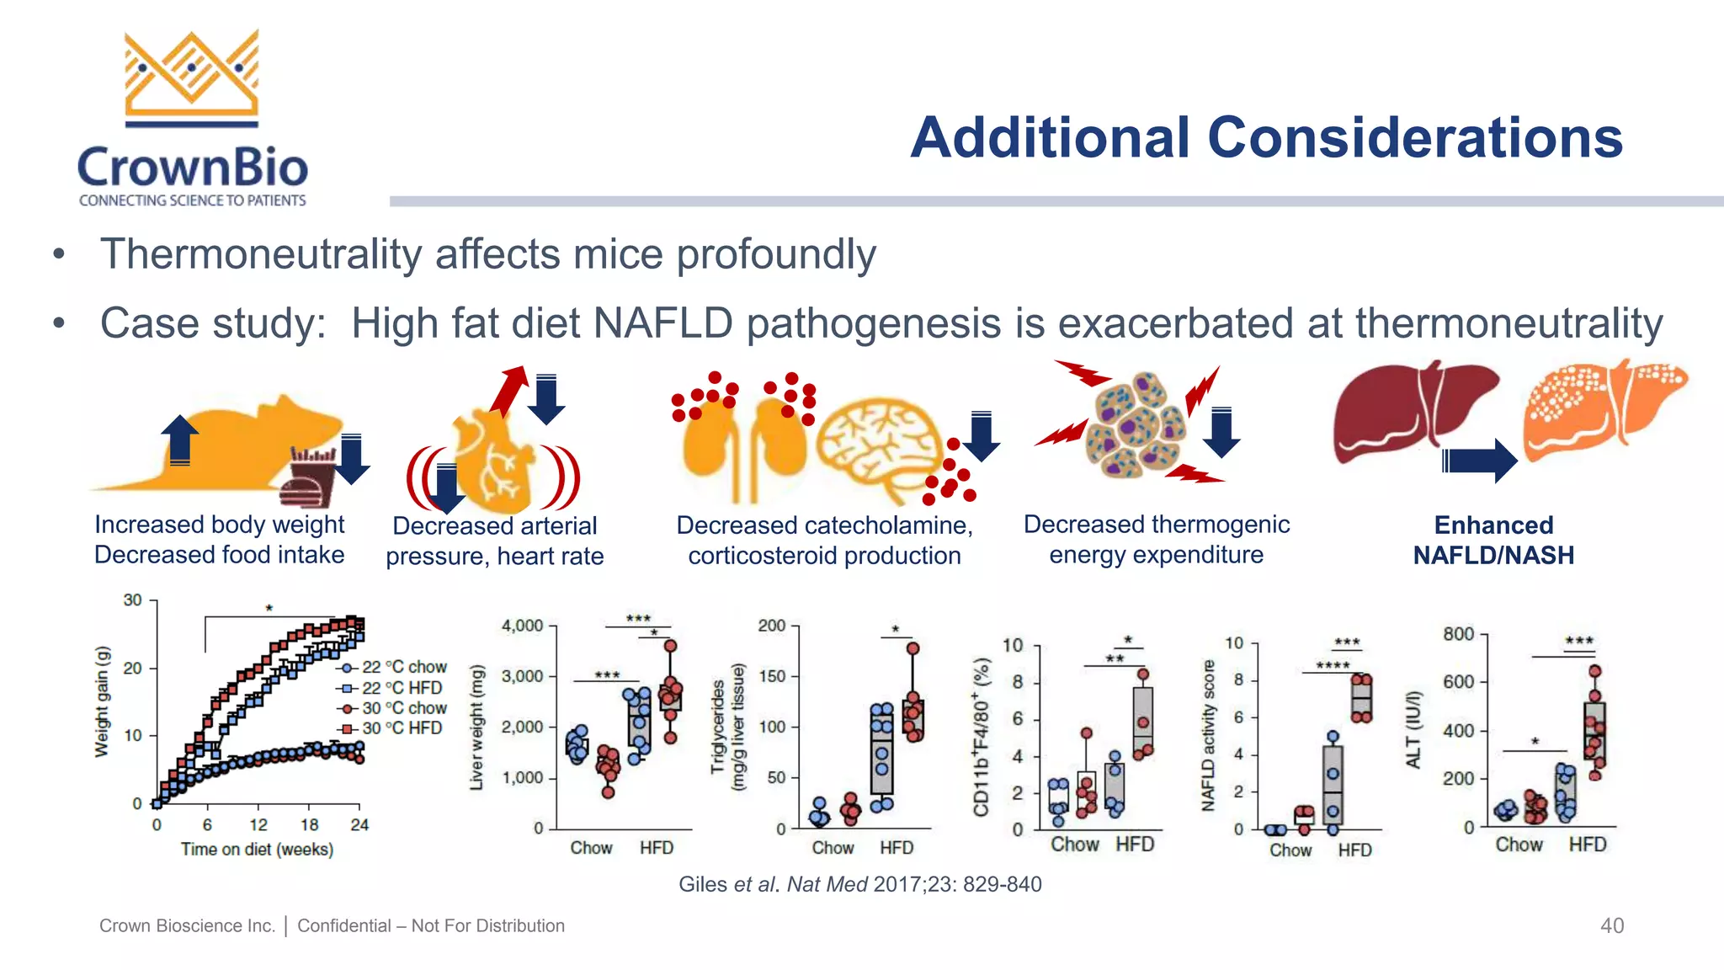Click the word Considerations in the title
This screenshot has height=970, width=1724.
click(1415, 138)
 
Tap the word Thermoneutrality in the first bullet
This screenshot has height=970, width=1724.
click(260, 254)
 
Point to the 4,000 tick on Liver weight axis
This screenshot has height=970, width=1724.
click(522, 626)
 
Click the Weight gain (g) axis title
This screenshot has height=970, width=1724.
click(102, 701)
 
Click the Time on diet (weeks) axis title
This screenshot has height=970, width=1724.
click(257, 850)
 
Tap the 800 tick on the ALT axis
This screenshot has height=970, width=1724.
click(1458, 634)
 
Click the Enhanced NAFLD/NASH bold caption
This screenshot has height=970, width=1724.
click(1493, 540)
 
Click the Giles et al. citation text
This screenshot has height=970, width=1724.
click(859, 884)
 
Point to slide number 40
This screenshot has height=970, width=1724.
click(1611, 925)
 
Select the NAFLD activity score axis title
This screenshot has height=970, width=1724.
click(1208, 735)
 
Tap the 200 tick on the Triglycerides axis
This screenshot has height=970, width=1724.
click(771, 626)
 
